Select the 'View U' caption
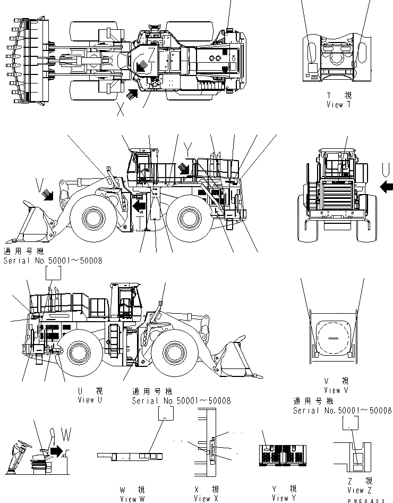pyautogui.click(x=89, y=400)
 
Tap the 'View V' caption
pyautogui.click(x=336, y=390)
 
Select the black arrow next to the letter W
pyautogui.click(x=56, y=451)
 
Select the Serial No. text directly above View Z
pyautogui.click(x=343, y=410)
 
